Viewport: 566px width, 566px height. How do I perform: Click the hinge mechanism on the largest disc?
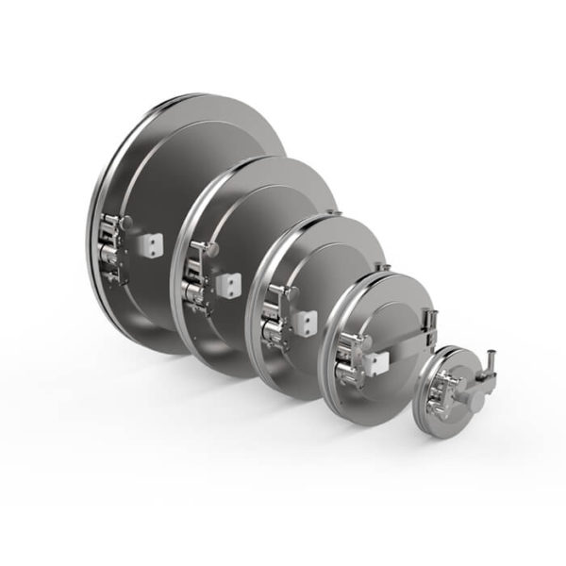[x=111, y=247]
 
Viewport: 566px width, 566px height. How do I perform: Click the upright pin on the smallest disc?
[x=491, y=364]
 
